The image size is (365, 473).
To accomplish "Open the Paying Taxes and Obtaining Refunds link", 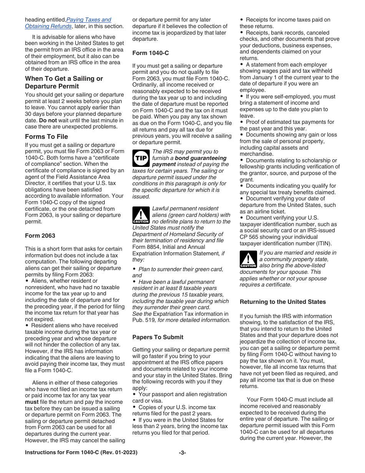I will tap(89, 20).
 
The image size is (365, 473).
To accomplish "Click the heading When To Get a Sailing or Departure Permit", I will tap(64, 82).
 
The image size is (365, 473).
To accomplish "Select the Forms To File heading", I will tap(46, 137).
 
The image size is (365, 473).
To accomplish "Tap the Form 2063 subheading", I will tap(40, 236).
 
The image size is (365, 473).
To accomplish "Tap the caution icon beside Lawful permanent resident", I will tap(141, 215).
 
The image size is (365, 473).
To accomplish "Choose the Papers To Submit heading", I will tap(158, 337).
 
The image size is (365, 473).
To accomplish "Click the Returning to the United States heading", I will tap(282, 302).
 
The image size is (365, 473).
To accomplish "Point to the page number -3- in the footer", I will tap(182, 453).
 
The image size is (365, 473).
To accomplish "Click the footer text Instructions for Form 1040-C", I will tap(81, 453).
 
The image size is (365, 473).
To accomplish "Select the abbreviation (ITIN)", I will tap(322, 243).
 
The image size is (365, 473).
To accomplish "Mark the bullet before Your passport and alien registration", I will tap(134, 395).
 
